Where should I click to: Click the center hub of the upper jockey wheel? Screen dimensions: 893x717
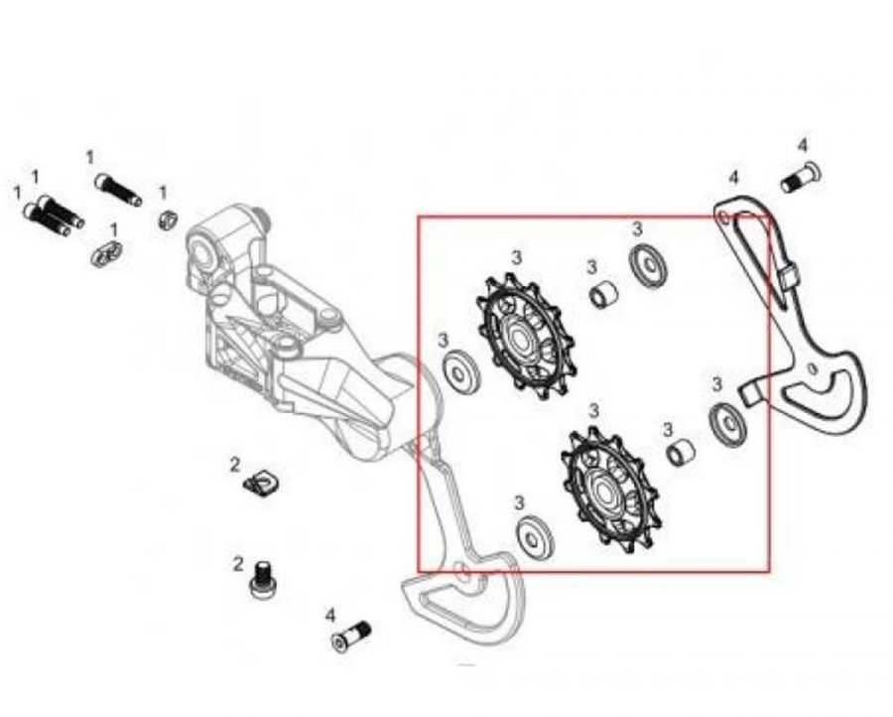[x=520, y=338]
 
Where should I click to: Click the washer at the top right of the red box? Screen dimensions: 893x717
[x=648, y=262]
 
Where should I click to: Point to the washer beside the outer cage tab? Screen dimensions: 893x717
[x=728, y=423]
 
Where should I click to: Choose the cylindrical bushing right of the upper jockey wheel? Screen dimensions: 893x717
[x=603, y=294]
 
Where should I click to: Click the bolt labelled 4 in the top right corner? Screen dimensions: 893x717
[x=801, y=178]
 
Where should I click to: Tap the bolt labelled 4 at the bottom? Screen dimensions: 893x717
[x=351, y=637]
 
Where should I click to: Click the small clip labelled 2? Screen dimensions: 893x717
[x=261, y=483]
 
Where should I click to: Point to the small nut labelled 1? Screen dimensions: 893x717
[x=167, y=219]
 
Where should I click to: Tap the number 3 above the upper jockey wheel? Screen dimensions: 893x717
[x=516, y=257]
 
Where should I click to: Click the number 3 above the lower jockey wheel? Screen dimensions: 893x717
[x=594, y=410]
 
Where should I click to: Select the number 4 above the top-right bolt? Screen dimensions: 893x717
[x=803, y=145]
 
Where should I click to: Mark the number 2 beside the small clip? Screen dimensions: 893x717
[x=235, y=465]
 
